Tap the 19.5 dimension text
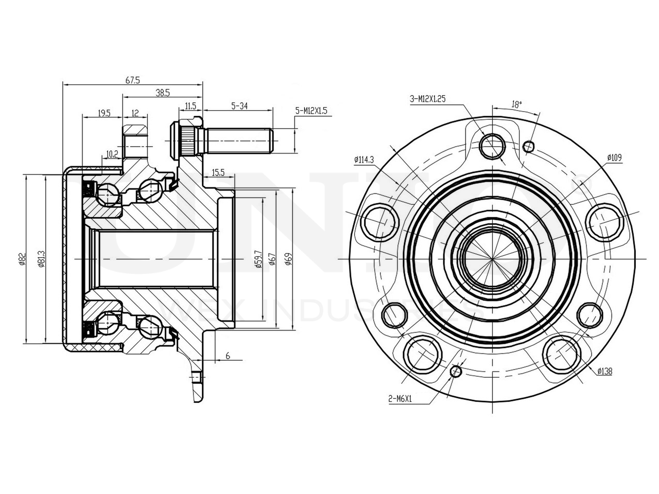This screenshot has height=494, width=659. pos(103,113)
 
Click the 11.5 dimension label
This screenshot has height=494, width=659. pos(190,106)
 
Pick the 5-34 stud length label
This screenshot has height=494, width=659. pos(240,106)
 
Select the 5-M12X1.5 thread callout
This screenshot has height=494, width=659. pos(312,110)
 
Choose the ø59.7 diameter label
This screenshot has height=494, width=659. pos(258,261)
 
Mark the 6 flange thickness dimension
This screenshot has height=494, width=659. pos(228,356)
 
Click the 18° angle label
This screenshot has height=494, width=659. pos(516,103)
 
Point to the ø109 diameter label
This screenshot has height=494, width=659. pos(614,157)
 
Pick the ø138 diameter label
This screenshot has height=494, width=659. pos(604,371)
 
